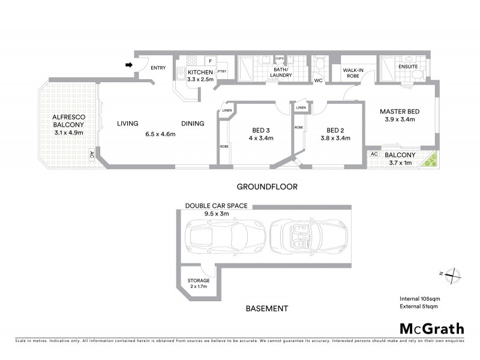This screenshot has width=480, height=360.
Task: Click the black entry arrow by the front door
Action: [x=128, y=65]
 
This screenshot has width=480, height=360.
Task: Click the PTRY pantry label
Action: [x=221, y=72]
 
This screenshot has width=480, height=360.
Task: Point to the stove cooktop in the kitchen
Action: [x=193, y=61]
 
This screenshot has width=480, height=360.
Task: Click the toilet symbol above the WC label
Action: [x=319, y=63]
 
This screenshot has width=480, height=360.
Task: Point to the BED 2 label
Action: [x=334, y=130]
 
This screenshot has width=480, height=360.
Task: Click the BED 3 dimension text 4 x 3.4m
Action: [x=261, y=138]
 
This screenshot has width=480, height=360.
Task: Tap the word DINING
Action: [x=193, y=124]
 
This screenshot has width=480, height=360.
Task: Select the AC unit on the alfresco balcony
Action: [x=92, y=155]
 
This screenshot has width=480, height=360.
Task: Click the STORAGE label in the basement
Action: [x=199, y=280]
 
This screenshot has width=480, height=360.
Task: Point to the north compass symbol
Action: [x=454, y=274]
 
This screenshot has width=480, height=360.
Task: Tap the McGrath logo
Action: [x=431, y=328]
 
